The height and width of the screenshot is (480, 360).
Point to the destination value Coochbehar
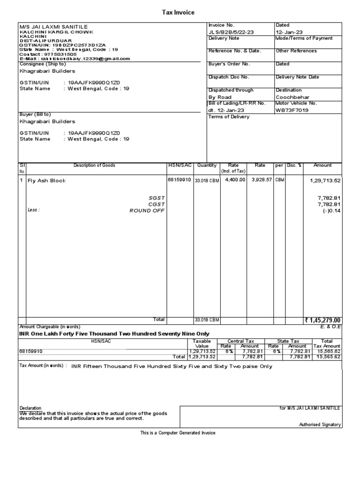pyautogui.click(x=292, y=97)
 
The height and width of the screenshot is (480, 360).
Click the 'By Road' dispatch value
pyautogui.click(x=220, y=97)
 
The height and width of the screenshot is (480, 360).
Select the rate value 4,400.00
pyautogui.click(x=235, y=180)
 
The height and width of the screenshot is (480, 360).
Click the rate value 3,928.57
pyautogui.click(x=262, y=180)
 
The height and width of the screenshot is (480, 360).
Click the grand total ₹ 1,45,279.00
pyautogui.click(x=322, y=320)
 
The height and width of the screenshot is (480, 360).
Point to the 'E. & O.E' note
pyautogui.click(x=331, y=326)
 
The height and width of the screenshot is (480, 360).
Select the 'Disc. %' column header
pyautogui.click(x=294, y=165)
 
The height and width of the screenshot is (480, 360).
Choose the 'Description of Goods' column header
pyautogui.click(x=94, y=165)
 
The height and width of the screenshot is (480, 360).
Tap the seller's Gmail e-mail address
pyautogui.click(x=86, y=59)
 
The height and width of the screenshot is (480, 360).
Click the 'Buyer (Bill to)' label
pyautogui.click(x=35, y=114)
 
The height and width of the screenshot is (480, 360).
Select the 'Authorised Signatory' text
pyautogui.click(x=320, y=425)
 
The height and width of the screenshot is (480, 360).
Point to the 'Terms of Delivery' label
pyautogui.click(x=229, y=117)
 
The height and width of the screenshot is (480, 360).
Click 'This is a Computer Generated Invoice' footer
pyautogui.click(x=178, y=433)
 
